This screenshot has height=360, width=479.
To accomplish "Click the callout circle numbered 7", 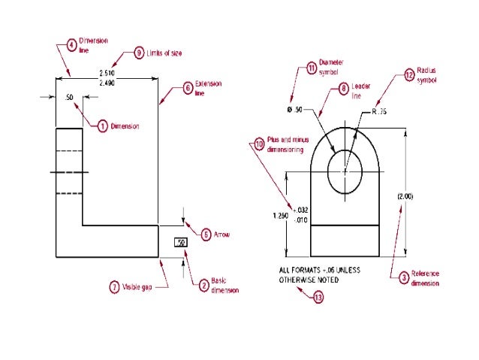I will coord(114,286).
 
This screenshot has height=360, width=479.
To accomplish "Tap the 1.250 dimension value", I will coord(279,214).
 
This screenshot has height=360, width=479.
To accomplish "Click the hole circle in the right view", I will coord(345,170).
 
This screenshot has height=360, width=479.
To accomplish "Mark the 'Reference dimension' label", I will coord(424,279).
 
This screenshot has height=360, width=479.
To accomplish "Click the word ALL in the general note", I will coord(285,268).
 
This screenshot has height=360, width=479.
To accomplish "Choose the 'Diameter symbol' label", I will coord(331,70).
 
